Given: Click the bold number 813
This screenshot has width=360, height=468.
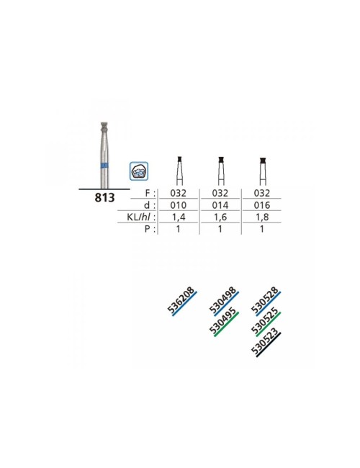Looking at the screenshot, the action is [x=104, y=197].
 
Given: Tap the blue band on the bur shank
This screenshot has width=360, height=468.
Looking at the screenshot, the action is [x=104, y=166].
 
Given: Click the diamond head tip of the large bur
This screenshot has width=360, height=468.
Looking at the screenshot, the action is [x=104, y=126].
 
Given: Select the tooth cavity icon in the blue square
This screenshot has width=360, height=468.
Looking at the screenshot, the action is [x=139, y=171].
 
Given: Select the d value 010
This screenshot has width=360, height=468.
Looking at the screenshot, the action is [x=179, y=205].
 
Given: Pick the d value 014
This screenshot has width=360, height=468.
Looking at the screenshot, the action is [x=220, y=205].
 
